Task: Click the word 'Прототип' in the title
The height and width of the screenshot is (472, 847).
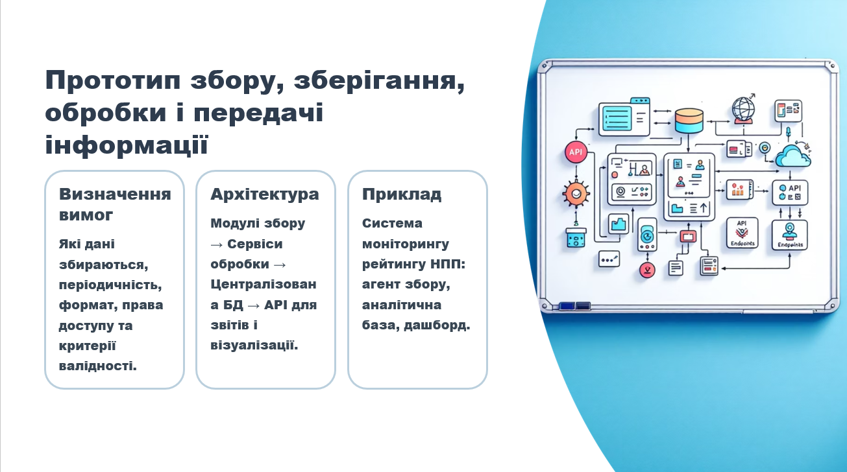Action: click(114, 82)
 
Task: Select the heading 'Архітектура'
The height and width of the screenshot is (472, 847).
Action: click(265, 194)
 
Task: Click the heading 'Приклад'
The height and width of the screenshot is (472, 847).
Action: click(402, 194)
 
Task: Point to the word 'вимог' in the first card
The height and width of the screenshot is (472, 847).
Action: click(86, 215)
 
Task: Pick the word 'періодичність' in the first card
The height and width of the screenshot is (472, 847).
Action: click(110, 285)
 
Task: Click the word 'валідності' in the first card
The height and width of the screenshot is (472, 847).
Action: click(97, 366)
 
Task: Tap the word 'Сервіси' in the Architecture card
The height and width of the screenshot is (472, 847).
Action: click(258, 244)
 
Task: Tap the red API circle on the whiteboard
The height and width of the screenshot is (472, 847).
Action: click(576, 153)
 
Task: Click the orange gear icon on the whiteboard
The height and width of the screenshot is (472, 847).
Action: click(575, 193)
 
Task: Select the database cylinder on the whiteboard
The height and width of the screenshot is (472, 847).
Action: click(689, 121)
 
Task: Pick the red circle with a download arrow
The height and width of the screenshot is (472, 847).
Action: click(646, 270)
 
